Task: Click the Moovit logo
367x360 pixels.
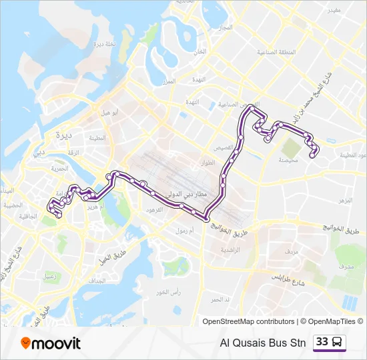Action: pyautogui.click(x=51, y=343)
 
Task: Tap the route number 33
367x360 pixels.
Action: pyautogui.click(x=322, y=342)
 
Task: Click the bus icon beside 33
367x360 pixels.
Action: pyautogui.click(x=338, y=343)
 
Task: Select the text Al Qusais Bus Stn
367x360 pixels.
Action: pyautogui.click(x=263, y=343)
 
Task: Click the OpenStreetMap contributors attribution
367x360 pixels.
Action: pyautogui.click(x=248, y=321)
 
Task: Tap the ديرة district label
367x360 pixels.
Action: pyautogui.click(x=64, y=135)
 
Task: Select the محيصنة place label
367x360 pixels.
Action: pyautogui.click(x=288, y=161)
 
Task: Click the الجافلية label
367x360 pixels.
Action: pyautogui.click(x=28, y=216)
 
